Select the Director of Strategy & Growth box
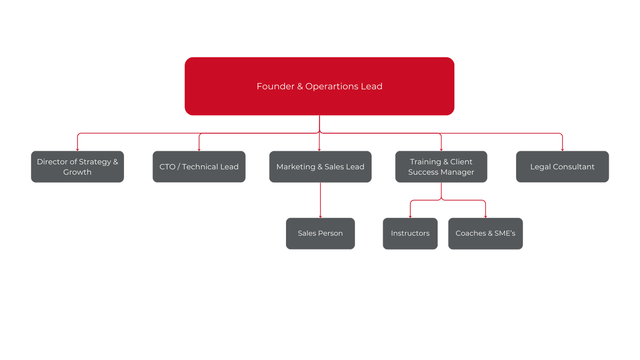coord(77,167)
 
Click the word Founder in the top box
coord(275,86)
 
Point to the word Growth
coord(77,172)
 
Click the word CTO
coord(167,167)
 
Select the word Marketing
coord(296,167)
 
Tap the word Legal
coord(540,167)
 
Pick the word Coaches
coord(470,233)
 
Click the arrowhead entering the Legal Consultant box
coord(562,149)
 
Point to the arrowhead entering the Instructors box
coord(410,216)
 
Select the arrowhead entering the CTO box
coord(199,149)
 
